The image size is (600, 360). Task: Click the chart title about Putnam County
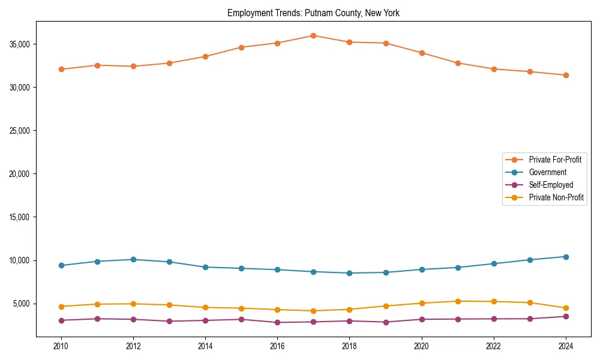tap(313, 13)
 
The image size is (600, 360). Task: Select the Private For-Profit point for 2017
tap(313, 35)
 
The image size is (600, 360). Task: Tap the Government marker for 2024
tap(566, 257)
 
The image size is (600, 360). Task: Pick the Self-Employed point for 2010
tap(61, 320)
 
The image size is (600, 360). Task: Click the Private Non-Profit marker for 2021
tap(458, 301)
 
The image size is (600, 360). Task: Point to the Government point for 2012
tap(133, 259)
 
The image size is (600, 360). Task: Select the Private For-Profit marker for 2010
tap(61, 69)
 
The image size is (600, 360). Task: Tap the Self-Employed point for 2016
tap(277, 322)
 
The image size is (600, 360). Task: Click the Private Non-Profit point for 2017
tap(313, 311)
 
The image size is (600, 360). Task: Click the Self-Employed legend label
tap(551, 185)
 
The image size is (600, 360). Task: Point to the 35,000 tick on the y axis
tap(21, 44)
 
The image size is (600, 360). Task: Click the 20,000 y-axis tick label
tap(21, 174)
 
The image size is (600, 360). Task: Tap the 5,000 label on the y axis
tap(23, 304)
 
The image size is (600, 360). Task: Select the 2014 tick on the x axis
tap(205, 346)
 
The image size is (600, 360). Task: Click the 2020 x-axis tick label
tap(422, 346)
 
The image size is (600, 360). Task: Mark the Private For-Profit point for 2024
tap(566, 75)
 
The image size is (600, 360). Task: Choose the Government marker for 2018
tap(349, 273)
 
